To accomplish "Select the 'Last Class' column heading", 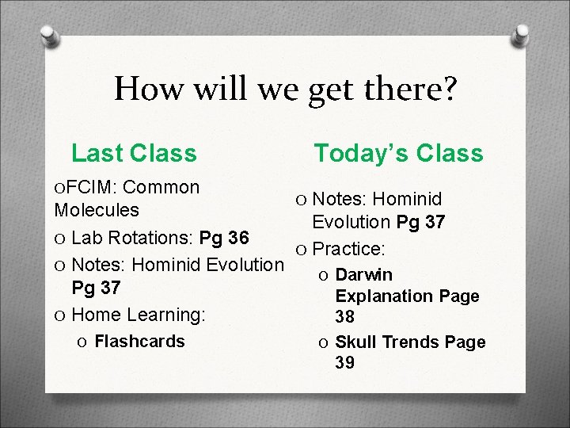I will (x=134, y=151).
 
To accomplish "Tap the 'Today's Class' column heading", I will (x=398, y=152).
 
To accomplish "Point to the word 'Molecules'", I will (x=97, y=211).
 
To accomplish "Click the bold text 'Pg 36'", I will (x=226, y=238).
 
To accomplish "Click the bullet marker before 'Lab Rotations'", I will (x=60, y=238).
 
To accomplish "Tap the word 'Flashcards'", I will (x=139, y=341).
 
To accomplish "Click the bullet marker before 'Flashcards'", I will (x=82, y=342).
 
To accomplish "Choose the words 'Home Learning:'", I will (x=139, y=315).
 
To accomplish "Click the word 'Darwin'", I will (x=363, y=274).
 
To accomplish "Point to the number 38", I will (x=346, y=317).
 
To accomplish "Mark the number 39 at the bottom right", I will (x=346, y=363).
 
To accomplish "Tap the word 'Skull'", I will (x=355, y=342).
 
